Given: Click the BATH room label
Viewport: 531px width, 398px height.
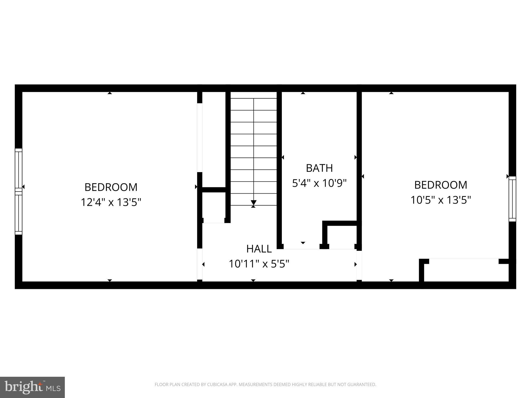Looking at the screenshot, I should [x=319, y=168].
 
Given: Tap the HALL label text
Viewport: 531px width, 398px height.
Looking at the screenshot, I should [x=259, y=249].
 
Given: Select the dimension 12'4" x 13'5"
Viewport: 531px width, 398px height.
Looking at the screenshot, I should [x=111, y=202].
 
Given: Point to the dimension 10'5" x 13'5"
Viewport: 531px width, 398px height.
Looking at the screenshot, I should [x=441, y=200].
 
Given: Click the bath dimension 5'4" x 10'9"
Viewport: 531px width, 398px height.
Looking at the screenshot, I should [x=319, y=183].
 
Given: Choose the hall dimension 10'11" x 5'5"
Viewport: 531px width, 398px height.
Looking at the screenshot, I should [x=259, y=264].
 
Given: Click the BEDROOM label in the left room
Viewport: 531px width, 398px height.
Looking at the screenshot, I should [x=111, y=187].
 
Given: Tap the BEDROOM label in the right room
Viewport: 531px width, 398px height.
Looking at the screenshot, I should [x=441, y=185].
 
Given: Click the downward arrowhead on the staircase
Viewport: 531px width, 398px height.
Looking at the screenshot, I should [x=254, y=202].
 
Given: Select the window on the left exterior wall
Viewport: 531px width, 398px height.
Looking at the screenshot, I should [x=18, y=191].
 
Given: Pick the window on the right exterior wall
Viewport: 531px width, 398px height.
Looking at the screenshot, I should [x=512, y=199].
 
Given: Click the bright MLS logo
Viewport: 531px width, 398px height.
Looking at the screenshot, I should [x=32, y=387].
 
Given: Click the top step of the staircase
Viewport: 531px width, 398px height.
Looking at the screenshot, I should [x=254, y=104].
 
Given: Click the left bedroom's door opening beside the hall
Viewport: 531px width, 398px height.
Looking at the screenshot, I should [x=200, y=264].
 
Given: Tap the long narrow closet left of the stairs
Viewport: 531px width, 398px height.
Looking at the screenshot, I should [x=214, y=140].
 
